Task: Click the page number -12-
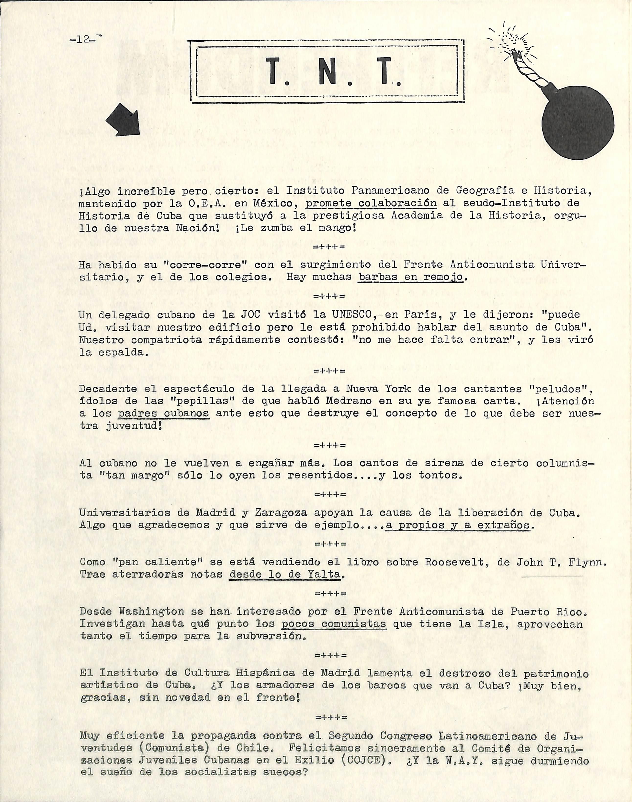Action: tap(84, 39)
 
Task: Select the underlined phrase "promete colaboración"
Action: tap(371, 203)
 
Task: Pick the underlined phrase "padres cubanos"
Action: tap(164, 413)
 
